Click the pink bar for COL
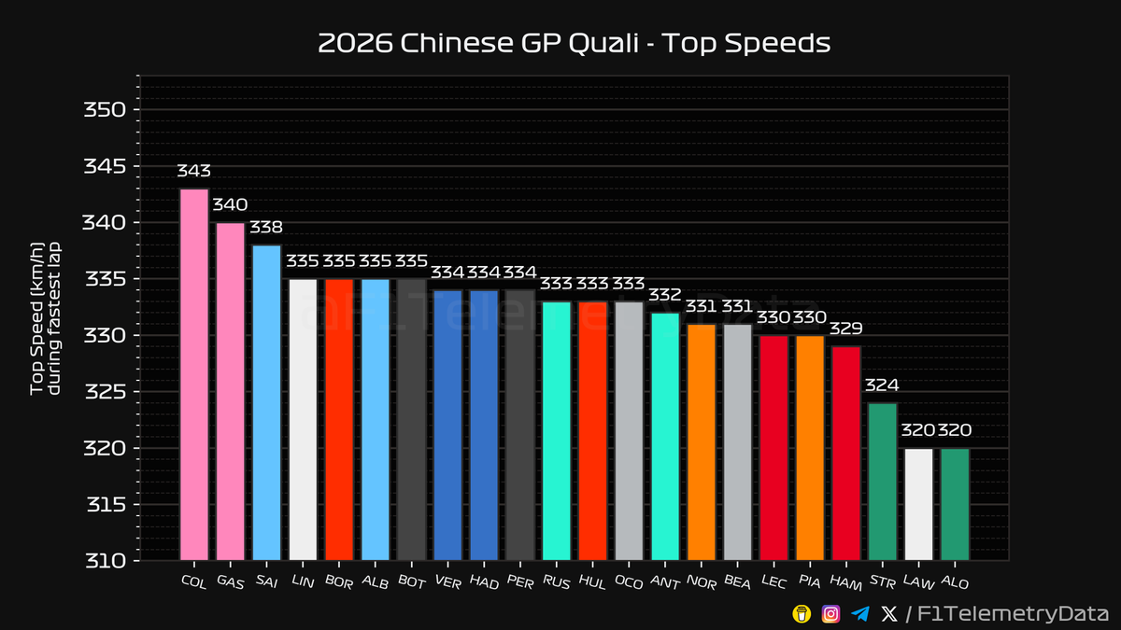coord(194,373)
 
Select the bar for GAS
coord(230,392)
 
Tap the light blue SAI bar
coord(266,401)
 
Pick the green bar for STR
coord(882,481)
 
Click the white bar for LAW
coord(918,504)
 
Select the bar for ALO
coord(955,504)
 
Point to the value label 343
coord(194,172)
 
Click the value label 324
coord(882,385)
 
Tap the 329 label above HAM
coord(845,329)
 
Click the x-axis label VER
coord(447,581)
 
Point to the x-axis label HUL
coord(591,581)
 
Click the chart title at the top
coord(574,44)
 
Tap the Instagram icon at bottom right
coord(830,613)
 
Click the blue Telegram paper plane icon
coord(860,613)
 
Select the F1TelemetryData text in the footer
coord(1010,613)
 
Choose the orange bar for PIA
coord(809,448)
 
